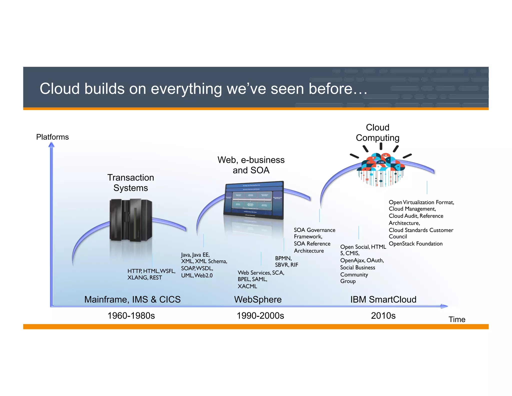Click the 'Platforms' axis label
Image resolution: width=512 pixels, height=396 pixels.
(x=52, y=137)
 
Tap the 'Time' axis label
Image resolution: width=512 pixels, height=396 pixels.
(x=456, y=319)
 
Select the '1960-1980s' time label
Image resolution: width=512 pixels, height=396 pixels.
(x=131, y=316)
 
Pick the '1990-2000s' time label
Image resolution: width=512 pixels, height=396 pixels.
(x=260, y=316)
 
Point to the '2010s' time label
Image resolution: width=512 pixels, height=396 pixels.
(x=383, y=316)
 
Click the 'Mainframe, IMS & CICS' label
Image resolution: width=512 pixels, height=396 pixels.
(x=132, y=299)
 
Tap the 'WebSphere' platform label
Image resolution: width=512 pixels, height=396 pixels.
(x=258, y=299)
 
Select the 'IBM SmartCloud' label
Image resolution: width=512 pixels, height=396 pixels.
(x=383, y=299)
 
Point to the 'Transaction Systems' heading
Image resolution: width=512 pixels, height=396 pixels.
(x=130, y=182)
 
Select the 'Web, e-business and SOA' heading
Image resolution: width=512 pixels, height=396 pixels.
(x=251, y=165)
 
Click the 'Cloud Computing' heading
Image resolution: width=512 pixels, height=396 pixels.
(x=377, y=132)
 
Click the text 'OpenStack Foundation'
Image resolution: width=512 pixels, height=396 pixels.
(x=415, y=244)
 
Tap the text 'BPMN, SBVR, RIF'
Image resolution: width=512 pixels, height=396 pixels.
(x=286, y=261)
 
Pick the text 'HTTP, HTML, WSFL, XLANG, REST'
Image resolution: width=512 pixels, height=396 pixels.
(x=151, y=274)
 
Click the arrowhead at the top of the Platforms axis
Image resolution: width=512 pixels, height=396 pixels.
(x=51, y=145)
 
